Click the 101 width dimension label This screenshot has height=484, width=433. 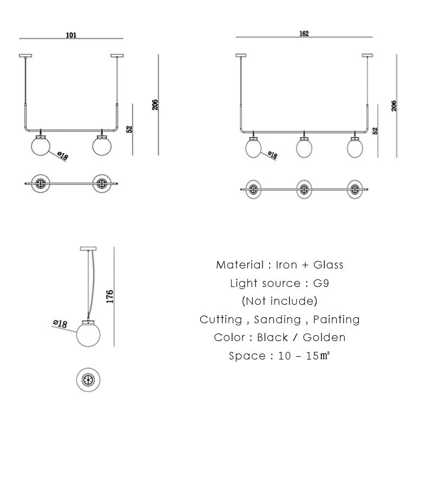click(71, 35)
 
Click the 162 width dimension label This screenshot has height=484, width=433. click(304, 34)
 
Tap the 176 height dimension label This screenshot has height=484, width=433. click(109, 296)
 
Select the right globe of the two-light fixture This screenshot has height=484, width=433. click(101, 145)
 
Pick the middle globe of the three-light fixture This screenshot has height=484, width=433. click(305, 147)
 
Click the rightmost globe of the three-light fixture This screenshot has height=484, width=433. click(355, 147)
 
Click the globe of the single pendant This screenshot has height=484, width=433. click(87, 334)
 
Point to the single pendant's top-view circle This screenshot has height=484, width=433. click(88, 381)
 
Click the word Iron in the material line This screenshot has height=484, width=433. click(286, 265)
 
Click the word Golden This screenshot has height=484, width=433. click(324, 337)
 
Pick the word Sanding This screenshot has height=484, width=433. click(277, 319)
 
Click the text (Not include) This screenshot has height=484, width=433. click(279, 301)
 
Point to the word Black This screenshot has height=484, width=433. click(272, 337)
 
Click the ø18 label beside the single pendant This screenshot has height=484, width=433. click(60, 324)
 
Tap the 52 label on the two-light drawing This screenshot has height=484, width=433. click(129, 129)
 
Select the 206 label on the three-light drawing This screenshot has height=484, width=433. click(394, 105)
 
